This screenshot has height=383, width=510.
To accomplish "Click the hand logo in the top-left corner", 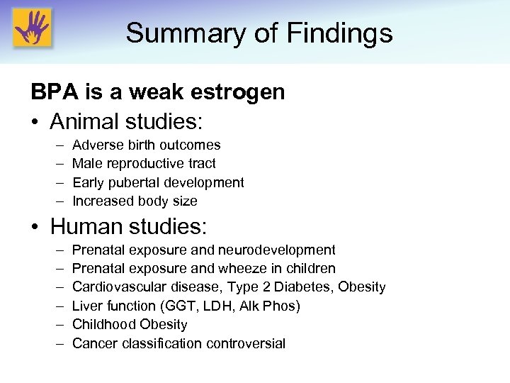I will (33, 29).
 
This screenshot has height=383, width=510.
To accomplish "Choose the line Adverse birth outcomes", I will (146, 145).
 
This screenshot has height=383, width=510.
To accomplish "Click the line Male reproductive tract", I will (144, 164).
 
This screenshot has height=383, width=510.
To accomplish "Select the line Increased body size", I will (135, 201).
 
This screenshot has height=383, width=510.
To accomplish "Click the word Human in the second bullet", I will (89, 227).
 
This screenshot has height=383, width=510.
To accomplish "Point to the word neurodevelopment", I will (277, 250).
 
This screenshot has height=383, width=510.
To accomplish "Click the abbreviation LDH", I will (234, 306).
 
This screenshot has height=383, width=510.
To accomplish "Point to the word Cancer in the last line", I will (93, 344).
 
